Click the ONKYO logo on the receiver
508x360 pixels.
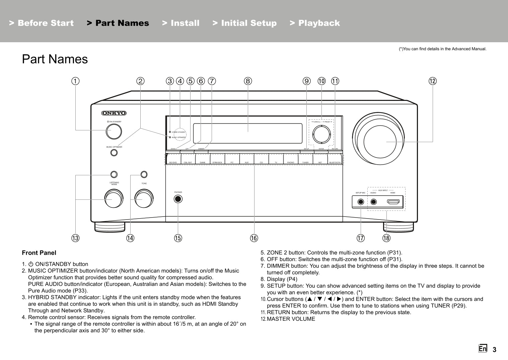(114, 113)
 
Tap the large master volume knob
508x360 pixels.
(380, 142)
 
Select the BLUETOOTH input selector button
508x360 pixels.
(335, 159)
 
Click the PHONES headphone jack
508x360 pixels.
(178, 199)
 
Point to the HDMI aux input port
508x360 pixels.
(393, 202)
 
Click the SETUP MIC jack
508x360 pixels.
(361, 202)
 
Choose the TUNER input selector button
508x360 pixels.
(305, 159)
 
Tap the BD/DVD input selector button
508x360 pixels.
(173, 159)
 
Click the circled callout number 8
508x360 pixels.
(248, 81)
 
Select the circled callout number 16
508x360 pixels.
(254, 238)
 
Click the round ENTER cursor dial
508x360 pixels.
(321, 134)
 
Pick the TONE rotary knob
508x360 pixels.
(144, 199)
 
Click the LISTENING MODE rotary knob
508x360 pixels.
(114, 199)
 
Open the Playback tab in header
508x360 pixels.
(315, 23)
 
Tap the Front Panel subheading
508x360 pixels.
(39, 253)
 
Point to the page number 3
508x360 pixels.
(494, 350)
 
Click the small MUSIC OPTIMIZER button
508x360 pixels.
(114, 153)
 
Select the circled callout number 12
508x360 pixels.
(433, 81)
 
